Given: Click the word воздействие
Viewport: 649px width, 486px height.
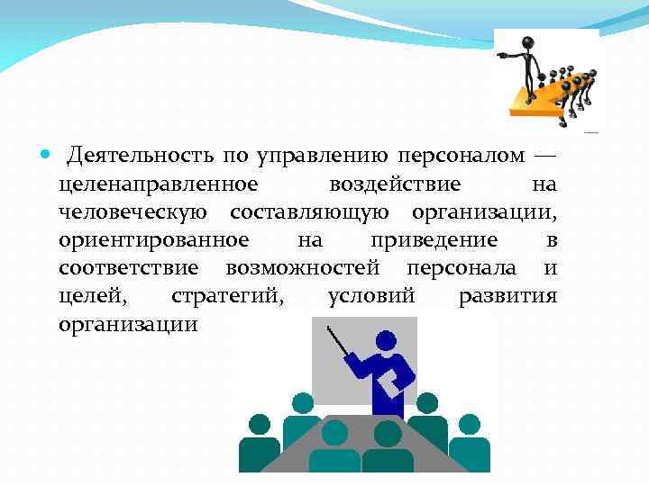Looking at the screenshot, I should point(396,184).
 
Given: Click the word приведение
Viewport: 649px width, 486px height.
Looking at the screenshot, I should point(434,240).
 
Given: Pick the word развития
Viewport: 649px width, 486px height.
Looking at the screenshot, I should point(507,296).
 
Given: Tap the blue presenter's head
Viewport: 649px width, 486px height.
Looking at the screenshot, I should point(385,341).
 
